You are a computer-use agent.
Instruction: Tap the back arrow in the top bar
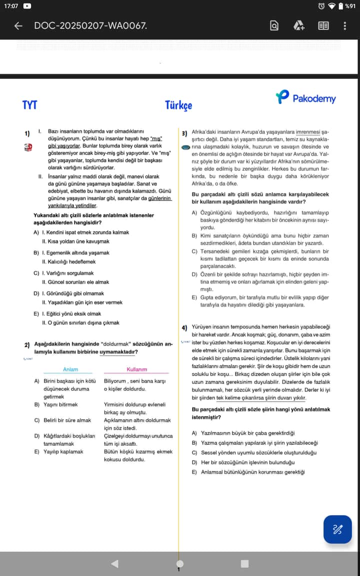coord(18,25)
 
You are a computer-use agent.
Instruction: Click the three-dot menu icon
coord(344,25)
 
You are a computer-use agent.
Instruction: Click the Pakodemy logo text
coord(313,98)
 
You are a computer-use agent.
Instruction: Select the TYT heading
coord(30,104)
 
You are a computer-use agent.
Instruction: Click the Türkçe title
coord(178,105)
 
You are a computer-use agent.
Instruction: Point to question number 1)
coord(27,133)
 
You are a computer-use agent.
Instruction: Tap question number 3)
coord(184,133)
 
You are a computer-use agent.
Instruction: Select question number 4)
coord(184,327)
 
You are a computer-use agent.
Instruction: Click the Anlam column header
coord(70,369)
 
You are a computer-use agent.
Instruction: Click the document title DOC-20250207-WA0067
coord(90,25)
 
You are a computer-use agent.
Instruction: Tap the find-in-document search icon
coord(274,25)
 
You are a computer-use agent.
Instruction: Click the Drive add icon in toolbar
coord(299,25)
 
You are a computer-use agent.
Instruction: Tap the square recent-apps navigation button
coord(244,564)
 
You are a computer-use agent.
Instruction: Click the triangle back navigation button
coord(114,564)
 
